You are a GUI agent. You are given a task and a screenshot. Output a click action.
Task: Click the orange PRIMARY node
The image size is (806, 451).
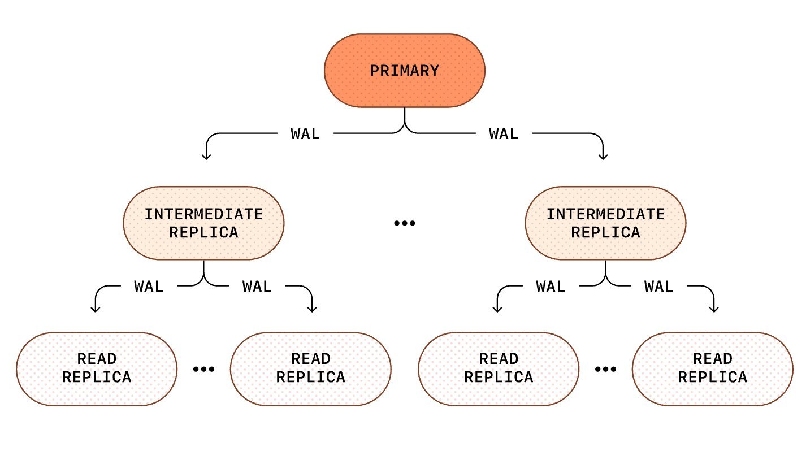pyautogui.click(x=404, y=71)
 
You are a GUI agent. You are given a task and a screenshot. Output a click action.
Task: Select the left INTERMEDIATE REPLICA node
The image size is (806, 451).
pyautogui.click(x=203, y=223)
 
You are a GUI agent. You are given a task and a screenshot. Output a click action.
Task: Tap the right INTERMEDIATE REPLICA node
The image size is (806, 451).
pyautogui.click(x=605, y=223)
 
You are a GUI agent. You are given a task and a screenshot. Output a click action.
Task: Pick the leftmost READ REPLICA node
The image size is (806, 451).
pyautogui.click(x=97, y=368)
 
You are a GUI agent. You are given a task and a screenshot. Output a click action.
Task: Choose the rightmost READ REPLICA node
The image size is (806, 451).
pyautogui.click(x=712, y=368)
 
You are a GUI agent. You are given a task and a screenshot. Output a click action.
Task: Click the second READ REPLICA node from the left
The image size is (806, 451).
pyautogui.click(x=311, y=368)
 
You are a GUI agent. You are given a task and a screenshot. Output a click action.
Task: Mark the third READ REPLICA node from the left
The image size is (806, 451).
pyautogui.click(x=499, y=368)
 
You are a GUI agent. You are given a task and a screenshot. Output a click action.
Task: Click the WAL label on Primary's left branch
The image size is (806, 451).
pyautogui.click(x=305, y=134)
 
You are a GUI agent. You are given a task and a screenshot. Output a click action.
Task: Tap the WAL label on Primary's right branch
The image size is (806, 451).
pyautogui.click(x=504, y=134)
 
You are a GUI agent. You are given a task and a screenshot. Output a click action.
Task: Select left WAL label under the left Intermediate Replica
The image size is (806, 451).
pyautogui.click(x=149, y=287)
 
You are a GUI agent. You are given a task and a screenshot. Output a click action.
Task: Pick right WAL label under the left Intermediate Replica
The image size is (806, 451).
pyautogui.click(x=257, y=287)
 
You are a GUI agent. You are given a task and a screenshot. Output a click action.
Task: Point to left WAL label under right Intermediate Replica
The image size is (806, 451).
pyautogui.click(x=551, y=287)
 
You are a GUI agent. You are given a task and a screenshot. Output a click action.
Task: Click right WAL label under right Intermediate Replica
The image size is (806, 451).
pyautogui.click(x=659, y=287)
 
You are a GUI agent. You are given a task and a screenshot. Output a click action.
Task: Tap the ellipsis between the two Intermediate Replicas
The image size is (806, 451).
pyautogui.click(x=404, y=223)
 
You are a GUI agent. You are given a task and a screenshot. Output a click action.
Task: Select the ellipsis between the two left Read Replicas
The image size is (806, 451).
pyautogui.click(x=203, y=369)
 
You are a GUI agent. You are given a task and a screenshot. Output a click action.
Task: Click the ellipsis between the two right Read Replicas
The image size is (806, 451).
pyautogui.click(x=605, y=369)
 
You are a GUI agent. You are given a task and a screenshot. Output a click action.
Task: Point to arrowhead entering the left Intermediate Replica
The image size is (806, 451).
pyautogui.click(x=206, y=155)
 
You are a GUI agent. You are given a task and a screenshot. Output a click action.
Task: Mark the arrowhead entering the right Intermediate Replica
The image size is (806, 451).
pyautogui.click(x=603, y=155)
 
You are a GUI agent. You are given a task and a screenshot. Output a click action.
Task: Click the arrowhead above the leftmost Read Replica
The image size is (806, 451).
pyautogui.click(x=96, y=309)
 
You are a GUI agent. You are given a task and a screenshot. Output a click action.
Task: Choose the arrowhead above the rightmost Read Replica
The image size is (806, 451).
pyautogui.click(x=714, y=309)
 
